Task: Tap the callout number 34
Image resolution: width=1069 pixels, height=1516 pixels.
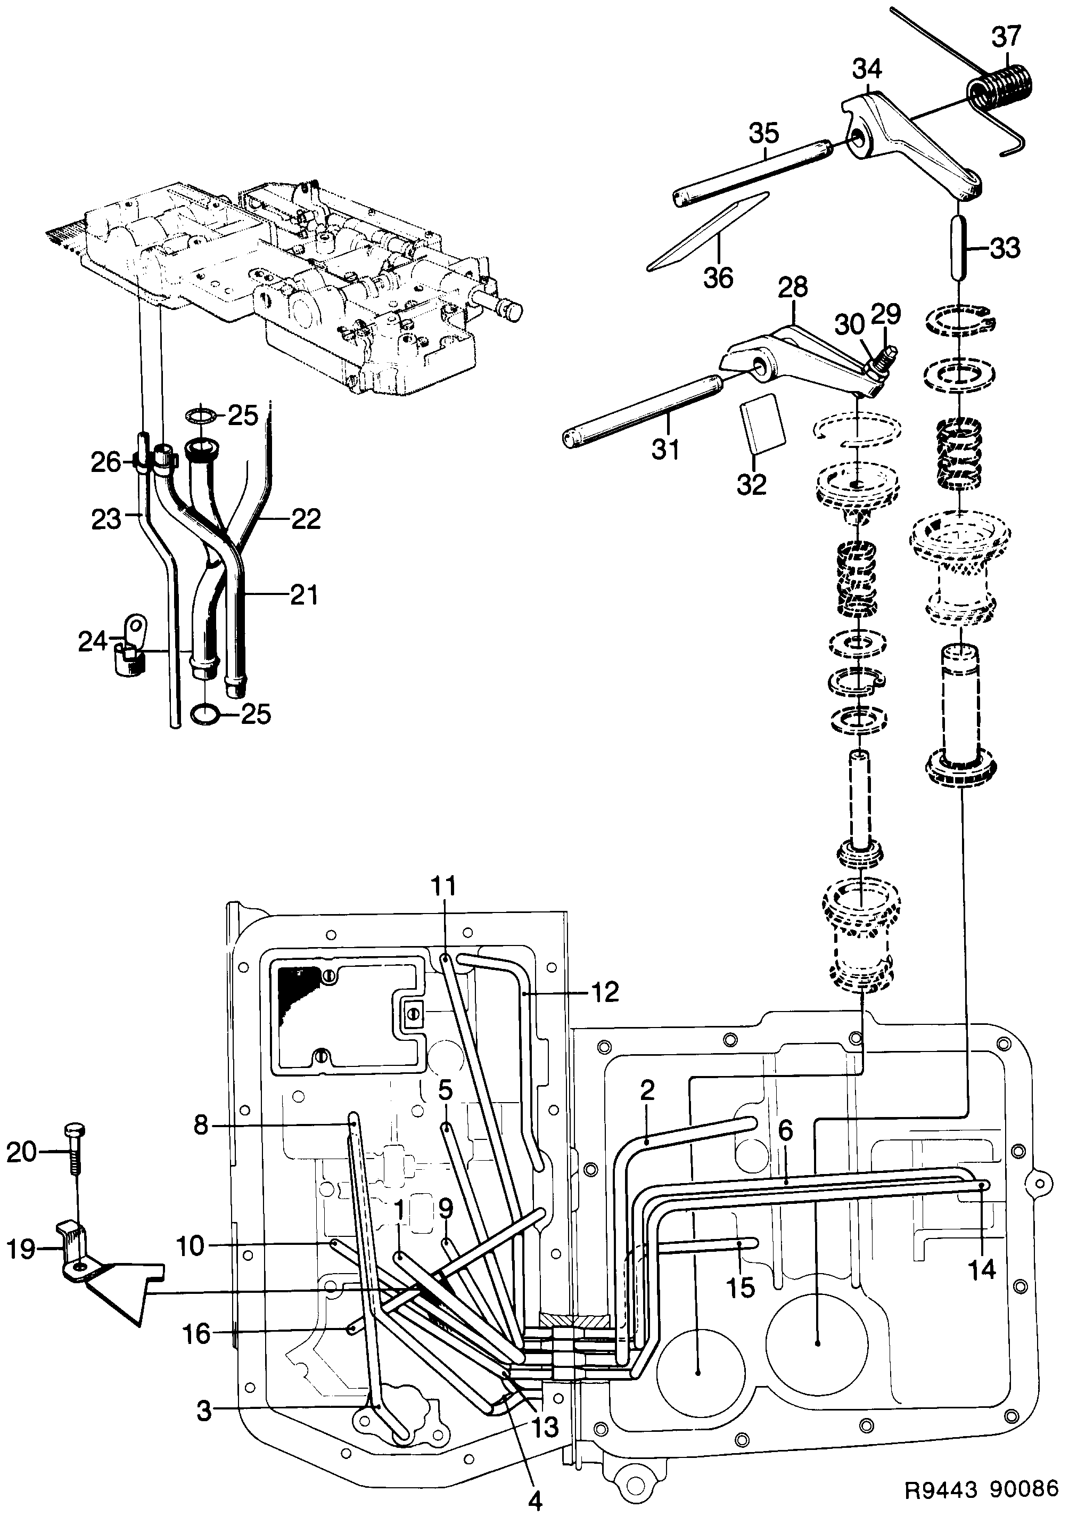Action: pyautogui.click(x=866, y=68)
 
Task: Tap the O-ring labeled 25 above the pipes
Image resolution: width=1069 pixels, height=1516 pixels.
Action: pyautogui.click(x=201, y=415)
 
